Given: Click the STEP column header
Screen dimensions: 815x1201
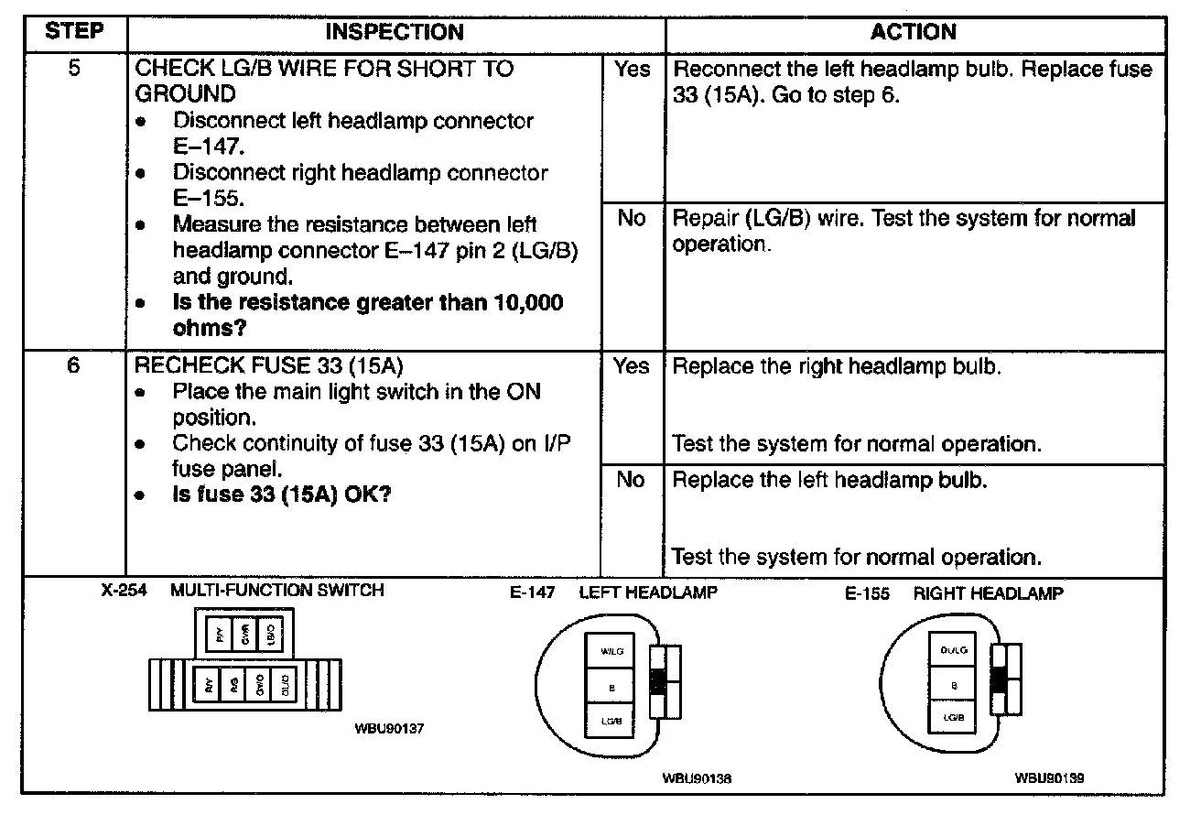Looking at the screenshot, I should point(73,33).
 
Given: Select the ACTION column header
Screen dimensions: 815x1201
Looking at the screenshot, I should point(913,33).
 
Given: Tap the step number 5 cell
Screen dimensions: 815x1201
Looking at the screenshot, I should point(73,69).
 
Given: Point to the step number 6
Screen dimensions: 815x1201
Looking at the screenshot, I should point(73,366).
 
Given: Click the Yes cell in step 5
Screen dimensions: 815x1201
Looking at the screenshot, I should point(633,70).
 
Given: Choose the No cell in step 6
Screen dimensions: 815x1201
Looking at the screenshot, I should point(631,480).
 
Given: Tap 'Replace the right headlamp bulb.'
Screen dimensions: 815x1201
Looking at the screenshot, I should point(837,366).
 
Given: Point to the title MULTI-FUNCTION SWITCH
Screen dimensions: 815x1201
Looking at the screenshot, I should point(277,591).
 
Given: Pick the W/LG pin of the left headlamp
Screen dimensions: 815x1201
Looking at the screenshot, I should point(611,651).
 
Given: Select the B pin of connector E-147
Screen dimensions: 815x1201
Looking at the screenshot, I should point(611,685).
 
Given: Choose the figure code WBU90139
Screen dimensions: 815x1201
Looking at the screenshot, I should point(1049,778).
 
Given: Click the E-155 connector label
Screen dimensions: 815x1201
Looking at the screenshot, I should point(867,593).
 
